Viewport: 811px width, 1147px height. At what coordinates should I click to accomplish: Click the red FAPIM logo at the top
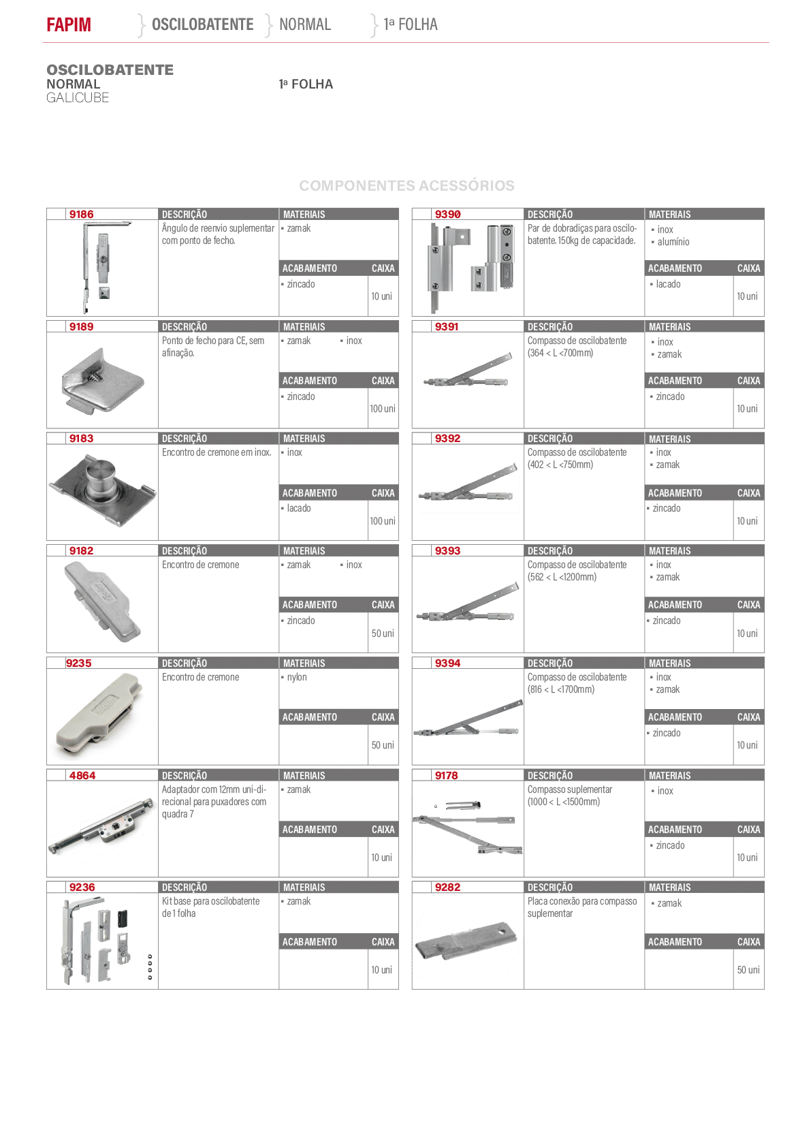click(x=69, y=25)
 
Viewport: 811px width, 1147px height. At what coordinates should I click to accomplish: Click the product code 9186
click(x=82, y=214)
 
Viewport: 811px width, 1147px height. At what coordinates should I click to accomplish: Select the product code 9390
click(x=447, y=214)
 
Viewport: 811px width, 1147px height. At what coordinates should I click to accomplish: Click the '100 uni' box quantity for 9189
click(x=383, y=409)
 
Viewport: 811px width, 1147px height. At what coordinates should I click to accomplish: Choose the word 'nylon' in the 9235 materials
click(x=296, y=677)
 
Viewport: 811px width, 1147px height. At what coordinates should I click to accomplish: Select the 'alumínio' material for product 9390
click(x=673, y=242)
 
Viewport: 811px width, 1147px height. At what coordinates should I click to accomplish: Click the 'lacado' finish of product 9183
click(x=298, y=508)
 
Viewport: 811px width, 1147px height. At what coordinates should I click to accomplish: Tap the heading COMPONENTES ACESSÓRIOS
click(x=407, y=185)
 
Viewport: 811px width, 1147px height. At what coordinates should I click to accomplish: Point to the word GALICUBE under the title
click(x=78, y=98)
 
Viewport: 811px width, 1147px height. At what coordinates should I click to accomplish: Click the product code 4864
click(x=82, y=775)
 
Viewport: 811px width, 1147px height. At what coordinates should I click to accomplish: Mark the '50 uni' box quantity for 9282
click(x=748, y=970)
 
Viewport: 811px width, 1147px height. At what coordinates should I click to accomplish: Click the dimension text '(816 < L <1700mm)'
click(x=561, y=689)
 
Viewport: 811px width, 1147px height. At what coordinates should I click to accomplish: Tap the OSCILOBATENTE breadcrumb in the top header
click(x=202, y=25)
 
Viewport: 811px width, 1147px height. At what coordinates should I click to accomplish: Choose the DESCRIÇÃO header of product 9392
click(x=550, y=439)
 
